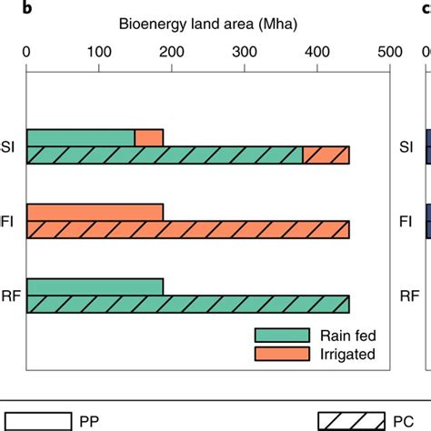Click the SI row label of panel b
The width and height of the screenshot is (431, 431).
tap(12, 146)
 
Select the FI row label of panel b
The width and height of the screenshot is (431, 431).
tap(12, 221)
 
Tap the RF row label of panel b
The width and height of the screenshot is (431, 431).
tap(12, 296)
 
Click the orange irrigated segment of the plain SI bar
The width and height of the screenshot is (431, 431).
tap(149, 138)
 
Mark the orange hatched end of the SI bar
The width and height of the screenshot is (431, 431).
tap(326, 155)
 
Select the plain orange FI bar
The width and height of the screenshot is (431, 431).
tap(95, 213)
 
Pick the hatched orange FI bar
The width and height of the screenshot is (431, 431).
tap(188, 230)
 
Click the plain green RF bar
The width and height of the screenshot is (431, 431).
tap(95, 287)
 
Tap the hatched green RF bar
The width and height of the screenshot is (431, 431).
tap(188, 305)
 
